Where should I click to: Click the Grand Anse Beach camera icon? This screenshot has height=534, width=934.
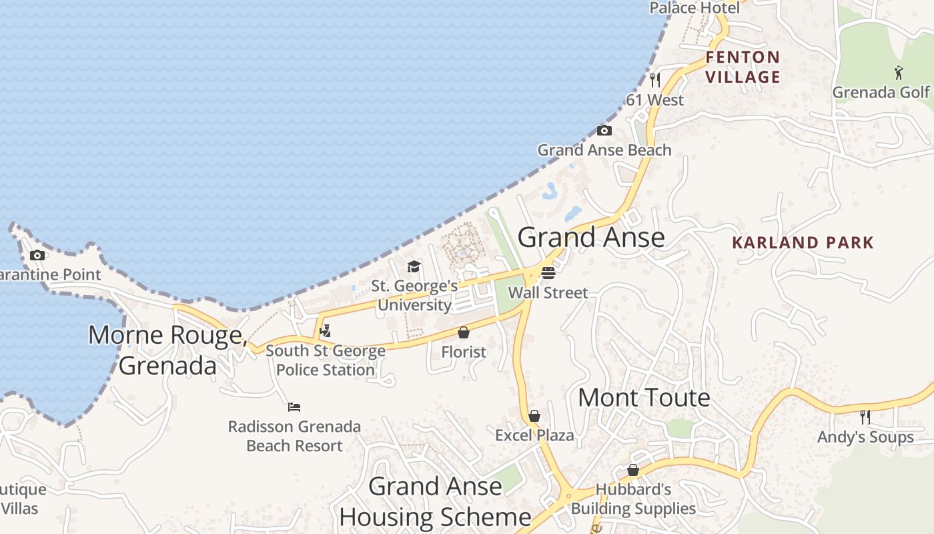[604, 130]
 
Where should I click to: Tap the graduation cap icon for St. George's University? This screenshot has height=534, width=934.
[414, 267]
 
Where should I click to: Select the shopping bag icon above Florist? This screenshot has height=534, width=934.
[464, 332]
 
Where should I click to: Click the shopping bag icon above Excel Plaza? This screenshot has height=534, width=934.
[534, 416]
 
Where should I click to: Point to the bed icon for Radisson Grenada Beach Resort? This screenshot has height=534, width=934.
[294, 407]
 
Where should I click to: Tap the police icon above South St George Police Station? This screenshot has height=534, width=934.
[326, 330]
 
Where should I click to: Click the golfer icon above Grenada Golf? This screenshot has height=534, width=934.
[899, 72]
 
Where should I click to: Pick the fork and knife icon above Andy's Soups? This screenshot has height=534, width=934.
[865, 417]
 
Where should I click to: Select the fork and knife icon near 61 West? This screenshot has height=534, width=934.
[655, 80]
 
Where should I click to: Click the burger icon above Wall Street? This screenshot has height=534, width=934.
[548, 272]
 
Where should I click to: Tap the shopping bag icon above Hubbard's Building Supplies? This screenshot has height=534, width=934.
[633, 470]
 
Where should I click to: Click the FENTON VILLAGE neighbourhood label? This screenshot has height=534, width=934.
[743, 67]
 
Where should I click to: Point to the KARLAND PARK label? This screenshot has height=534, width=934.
[803, 242]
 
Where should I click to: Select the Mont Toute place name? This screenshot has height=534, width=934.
[644, 398]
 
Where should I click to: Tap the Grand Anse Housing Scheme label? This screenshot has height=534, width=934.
[435, 501]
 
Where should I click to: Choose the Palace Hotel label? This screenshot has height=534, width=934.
[694, 8]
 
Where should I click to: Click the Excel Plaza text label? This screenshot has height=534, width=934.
[534, 436]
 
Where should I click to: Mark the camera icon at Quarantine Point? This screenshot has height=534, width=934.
[37, 255]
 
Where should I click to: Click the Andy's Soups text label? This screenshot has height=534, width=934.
[865, 437]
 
